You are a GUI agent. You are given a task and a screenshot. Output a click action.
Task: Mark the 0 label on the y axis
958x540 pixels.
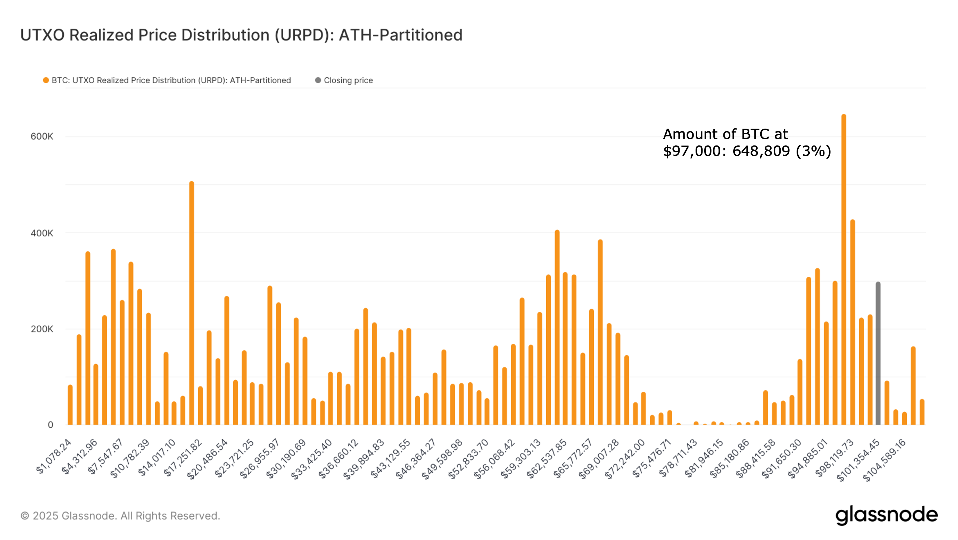coord(50,425)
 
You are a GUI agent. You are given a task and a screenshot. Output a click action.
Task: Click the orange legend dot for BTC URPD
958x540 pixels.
coord(46,80)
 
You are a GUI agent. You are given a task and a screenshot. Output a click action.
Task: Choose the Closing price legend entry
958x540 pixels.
coord(348,80)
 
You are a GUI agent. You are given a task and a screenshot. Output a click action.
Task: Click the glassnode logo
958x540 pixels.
coord(887,515)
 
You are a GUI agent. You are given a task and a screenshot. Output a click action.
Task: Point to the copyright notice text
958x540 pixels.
coord(120,516)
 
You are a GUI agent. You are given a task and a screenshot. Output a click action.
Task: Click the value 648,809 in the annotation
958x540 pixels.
coord(761,151)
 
